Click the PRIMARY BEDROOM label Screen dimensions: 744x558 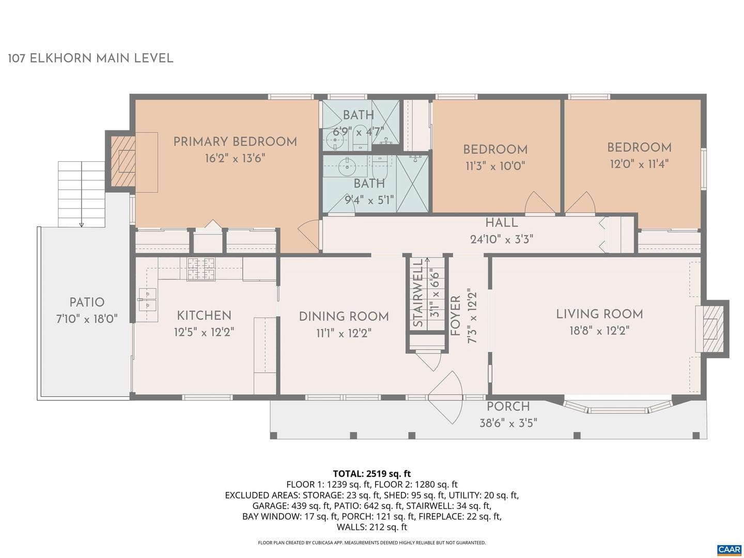[x=235, y=142]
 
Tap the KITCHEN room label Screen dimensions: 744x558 [x=204, y=315]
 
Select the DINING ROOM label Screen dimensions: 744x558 [x=344, y=316]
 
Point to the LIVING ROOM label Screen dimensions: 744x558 [x=599, y=314]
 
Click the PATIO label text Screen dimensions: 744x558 [x=87, y=302]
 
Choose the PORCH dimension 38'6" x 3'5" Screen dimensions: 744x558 [x=508, y=423]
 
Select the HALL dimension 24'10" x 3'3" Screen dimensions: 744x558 [x=502, y=240]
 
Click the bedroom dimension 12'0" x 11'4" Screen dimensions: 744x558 [x=639, y=164]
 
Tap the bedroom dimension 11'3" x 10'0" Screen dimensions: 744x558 [x=495, y=166]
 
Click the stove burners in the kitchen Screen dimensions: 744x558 [x=202, y=269]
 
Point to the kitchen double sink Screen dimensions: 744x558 [x=148, y=300]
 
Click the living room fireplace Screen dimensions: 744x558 [x=710, y=329]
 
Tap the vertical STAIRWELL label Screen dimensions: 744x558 [x=419, y=293]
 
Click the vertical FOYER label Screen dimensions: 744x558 [x=456, y=316]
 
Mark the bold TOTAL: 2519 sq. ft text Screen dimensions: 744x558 [x=372, y=473]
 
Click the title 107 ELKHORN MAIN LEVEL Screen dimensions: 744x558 [x=90, y=58]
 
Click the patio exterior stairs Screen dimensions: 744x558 [x=81, y=194]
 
